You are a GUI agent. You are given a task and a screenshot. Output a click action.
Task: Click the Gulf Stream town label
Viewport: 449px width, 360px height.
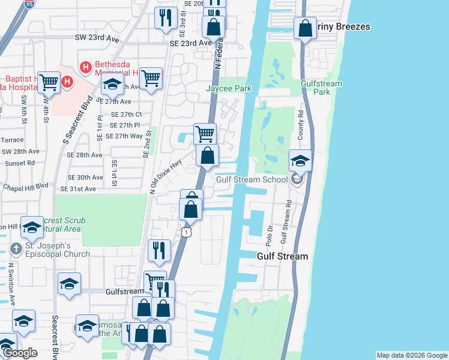point(282,256)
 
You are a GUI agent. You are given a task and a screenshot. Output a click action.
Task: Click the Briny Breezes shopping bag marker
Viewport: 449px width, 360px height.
point(305,28)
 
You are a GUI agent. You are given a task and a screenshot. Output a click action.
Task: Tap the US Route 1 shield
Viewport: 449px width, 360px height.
point(187,231)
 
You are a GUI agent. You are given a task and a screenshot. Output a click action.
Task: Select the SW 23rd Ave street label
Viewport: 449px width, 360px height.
point(97,37)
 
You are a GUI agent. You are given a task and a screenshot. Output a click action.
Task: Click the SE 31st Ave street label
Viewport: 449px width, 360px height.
point(82,188)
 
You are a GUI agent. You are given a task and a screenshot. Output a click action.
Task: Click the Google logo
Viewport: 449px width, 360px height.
point(20,353)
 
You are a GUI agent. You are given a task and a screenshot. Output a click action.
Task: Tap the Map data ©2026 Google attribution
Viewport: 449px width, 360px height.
point(412,355)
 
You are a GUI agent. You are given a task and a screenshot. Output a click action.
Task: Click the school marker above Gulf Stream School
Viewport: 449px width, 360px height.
point(300,161)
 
